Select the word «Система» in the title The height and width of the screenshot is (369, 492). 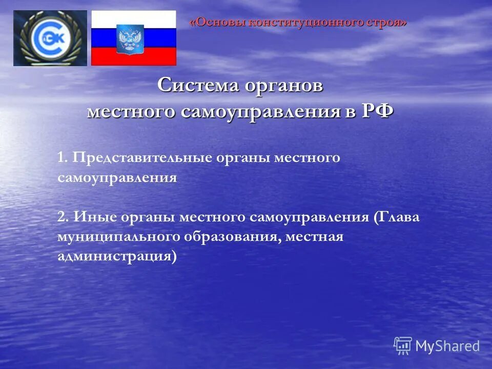[x=198, y=85]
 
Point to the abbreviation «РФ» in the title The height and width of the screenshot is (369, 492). [x=378, y=110]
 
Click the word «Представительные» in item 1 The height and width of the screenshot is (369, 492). [x=142, y=157]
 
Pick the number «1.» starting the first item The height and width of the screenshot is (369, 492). [x=63, y=157]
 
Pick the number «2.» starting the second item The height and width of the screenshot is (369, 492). [x=64, y=217]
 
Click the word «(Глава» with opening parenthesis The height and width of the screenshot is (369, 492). [x=396, y=217]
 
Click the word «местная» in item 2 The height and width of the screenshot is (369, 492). [x=314, y=237]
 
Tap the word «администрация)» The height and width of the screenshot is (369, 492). [x=117, y=256]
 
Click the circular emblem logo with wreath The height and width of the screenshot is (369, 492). [x=50, y=38]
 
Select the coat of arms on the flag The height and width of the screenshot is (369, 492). [x=126, y=39]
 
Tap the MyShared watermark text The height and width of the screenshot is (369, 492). [x=447, y=346]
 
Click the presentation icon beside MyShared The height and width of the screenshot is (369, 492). [x=403, y=346]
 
